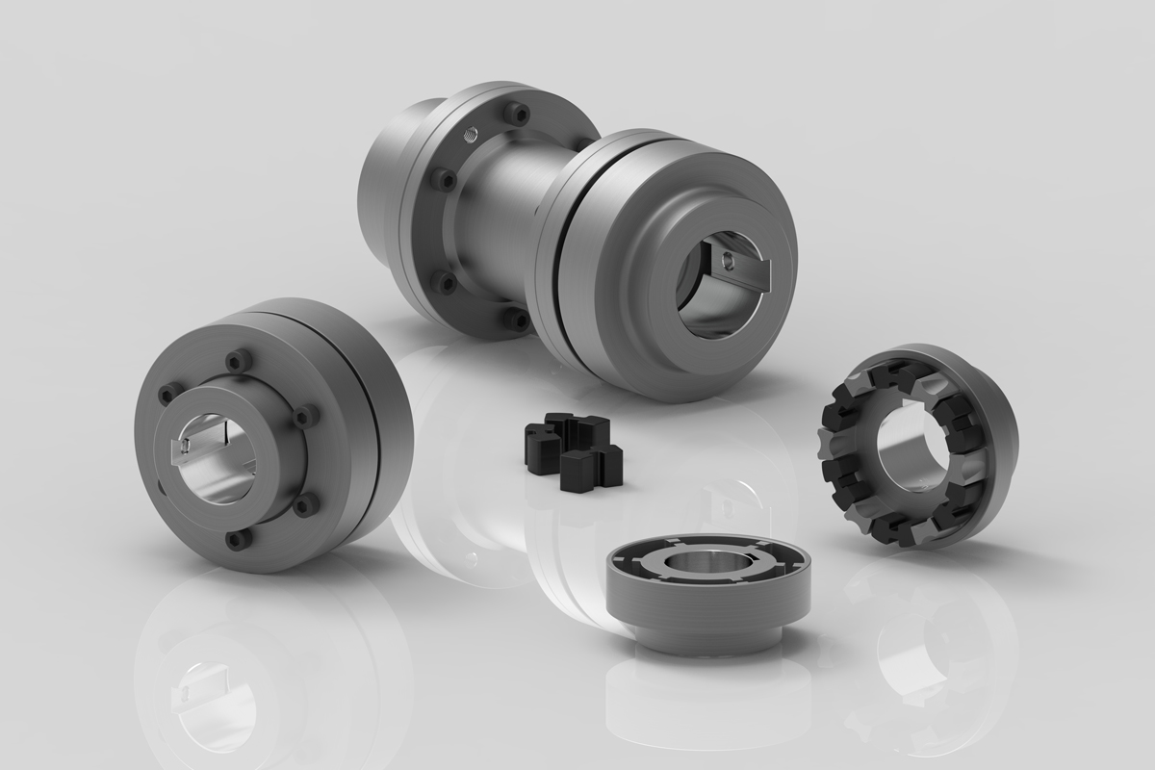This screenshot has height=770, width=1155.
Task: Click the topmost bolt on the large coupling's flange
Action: click(521, 114)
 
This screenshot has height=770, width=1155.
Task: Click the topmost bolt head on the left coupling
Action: click(234, 362)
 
